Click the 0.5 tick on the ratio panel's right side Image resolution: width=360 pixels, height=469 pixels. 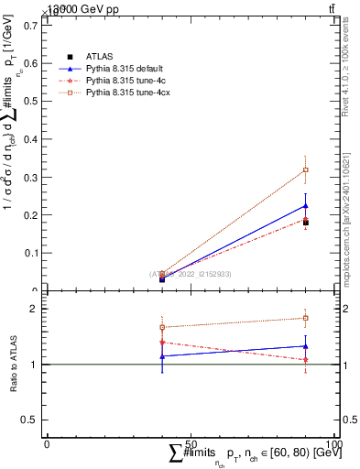pos(351,420)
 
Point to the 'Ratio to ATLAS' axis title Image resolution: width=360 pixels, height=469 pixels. pos(14,364)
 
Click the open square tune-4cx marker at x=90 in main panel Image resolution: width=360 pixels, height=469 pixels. pos(306,169)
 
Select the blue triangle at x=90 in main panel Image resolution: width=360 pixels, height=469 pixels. pos(306,206)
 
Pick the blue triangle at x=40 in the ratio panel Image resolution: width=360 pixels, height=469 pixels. pos(162,355)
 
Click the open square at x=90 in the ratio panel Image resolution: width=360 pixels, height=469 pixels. pos(306,318)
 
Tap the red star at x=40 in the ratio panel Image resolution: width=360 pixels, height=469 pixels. pos(162,343)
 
